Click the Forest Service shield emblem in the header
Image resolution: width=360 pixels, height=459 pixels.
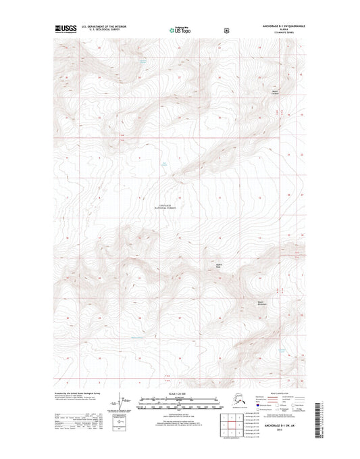point(216,30)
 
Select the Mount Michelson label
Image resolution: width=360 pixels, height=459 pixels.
point(263,304)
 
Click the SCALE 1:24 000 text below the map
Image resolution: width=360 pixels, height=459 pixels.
point(180,393)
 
